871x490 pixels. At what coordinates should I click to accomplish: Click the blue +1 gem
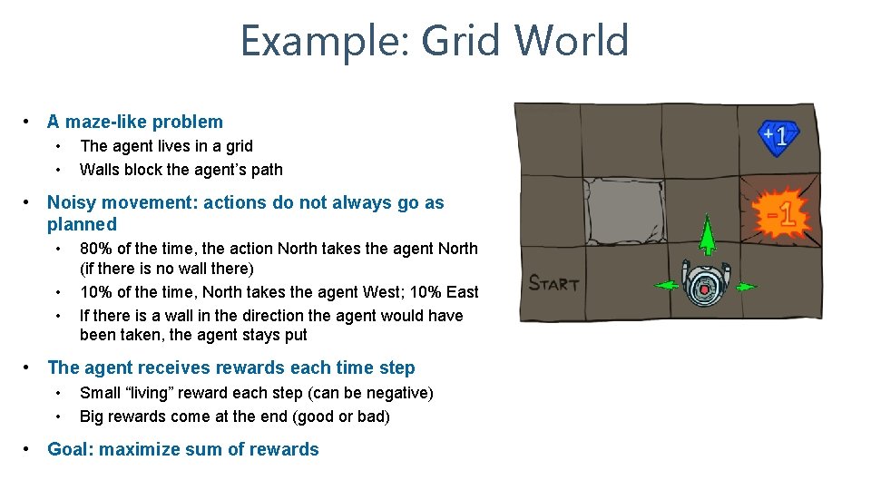click(x=778, y=137)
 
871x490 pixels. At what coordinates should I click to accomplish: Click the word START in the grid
click(x=553, y=283)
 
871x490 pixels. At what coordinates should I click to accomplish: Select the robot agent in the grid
click(x=705, y=283)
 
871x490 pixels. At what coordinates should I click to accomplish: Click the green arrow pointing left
click(x=666, y=286)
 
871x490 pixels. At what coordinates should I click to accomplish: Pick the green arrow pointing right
click(x=745, y=287)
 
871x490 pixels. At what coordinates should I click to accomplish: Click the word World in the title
click(x=571, y=41)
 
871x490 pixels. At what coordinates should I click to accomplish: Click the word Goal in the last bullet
click(x=68, y=449)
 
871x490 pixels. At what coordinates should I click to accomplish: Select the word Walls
click(x=101, y=170)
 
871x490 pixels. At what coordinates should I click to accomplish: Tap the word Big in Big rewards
click(x=93, y=416)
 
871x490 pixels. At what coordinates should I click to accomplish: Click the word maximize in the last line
click(x=136, y=449)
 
